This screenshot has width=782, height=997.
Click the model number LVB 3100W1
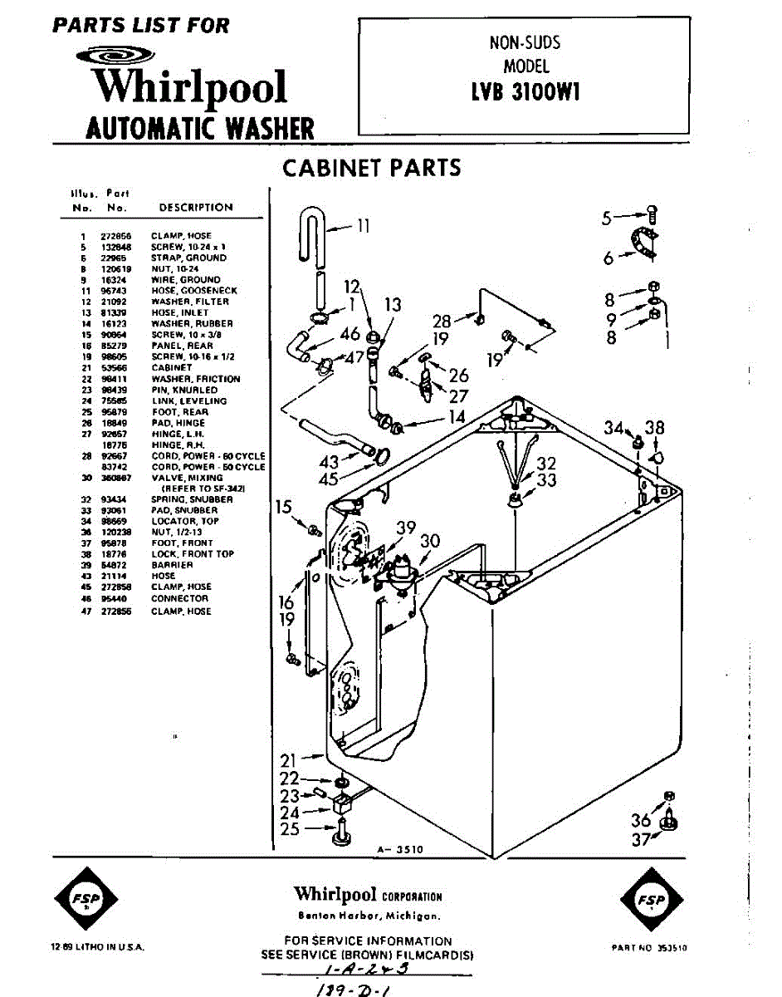coord(525,91)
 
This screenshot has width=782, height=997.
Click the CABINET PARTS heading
coord(371,168)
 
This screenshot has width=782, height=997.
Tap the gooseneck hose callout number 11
coord(363,225)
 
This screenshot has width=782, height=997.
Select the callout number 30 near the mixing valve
coord(429,541)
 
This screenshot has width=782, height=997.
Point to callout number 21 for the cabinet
coord(288,759)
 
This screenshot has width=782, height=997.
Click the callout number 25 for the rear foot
coord(289,829)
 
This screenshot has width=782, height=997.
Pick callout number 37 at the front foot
coord(640,839)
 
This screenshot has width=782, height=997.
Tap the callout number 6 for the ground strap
coord(608,258)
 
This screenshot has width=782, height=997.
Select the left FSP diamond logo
coord(86,901)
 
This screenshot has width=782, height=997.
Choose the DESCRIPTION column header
coord(196,208)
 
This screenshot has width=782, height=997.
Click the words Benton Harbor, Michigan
coord(369,916)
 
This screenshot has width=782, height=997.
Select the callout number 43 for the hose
coord(329,461)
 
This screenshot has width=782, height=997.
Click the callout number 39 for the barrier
coord(406,527)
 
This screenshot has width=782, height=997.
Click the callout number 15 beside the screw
coord(284,506)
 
